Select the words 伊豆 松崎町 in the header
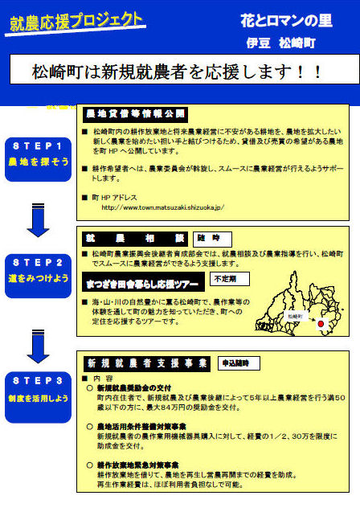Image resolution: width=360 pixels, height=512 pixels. [276, 41]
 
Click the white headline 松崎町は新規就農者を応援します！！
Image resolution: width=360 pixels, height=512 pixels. [178, 72]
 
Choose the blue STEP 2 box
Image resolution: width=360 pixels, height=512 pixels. [39, 268]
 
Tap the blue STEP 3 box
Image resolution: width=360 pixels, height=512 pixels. [39, 387]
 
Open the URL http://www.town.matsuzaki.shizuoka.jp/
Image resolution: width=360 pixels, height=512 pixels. [162, 207]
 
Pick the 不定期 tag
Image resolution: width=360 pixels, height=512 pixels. [229, 279]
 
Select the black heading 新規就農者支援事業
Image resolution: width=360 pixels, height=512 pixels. [145, 362]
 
